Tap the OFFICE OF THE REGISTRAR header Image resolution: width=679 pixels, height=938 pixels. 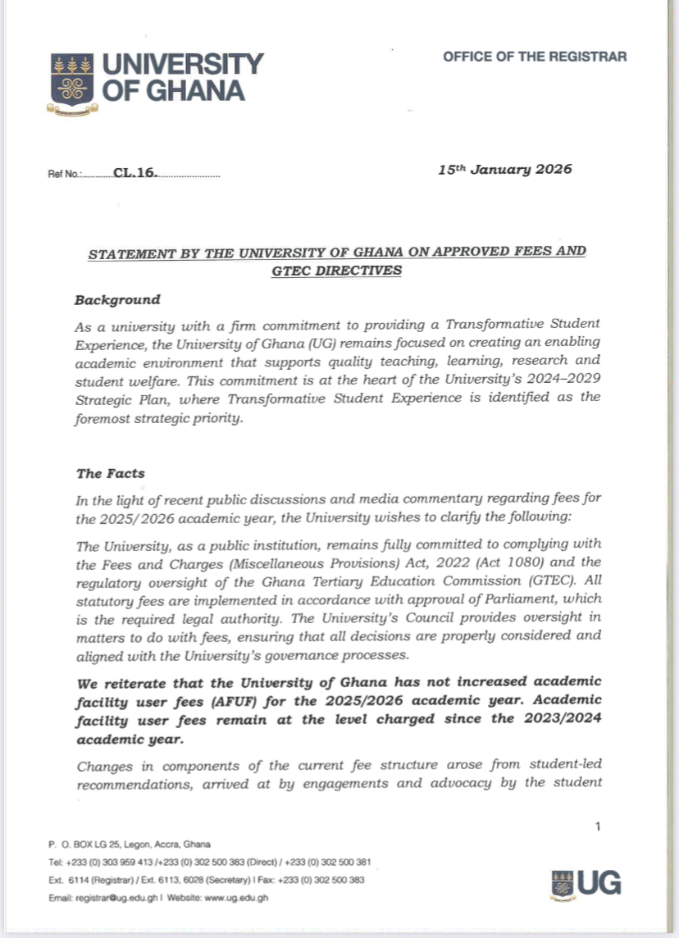pos(535,57)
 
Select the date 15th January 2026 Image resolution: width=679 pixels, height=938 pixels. pos(504,170)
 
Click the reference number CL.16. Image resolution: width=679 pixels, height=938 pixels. pos(135,175)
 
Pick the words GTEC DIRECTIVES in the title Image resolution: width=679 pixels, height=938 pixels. pos(336,270)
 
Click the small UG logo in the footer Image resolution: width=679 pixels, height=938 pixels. pos(588,882)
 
